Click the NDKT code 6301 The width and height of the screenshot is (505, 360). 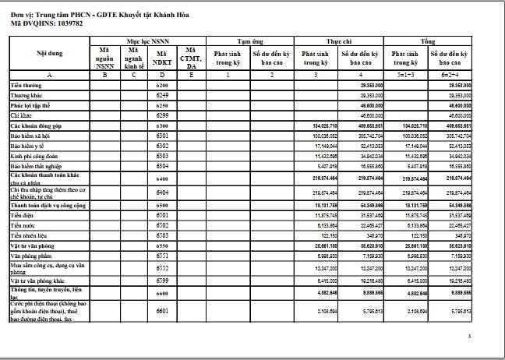coord(162,135)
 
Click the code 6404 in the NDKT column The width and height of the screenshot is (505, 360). coord(162,191)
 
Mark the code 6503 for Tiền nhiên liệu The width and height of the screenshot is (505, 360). coord(162,235)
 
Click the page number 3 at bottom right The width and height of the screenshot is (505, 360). coord(469,337)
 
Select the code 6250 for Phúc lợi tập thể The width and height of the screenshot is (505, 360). coord(162,104)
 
